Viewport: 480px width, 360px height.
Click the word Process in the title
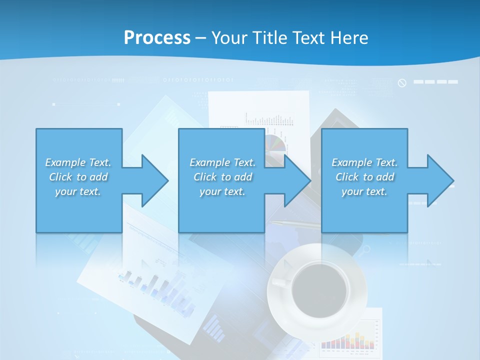click(157, 38)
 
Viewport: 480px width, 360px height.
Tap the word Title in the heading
click(269, 38)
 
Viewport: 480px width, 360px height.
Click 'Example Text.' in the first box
click(78, 162)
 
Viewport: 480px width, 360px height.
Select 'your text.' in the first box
click(78, 191)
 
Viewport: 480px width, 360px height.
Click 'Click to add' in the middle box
click(222, 177)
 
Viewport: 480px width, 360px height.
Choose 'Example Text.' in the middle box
click(222, 162)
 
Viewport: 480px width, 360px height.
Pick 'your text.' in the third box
click(364, 191)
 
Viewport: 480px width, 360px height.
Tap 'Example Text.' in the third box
click(364, 162)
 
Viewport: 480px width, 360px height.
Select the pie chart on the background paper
click(276, 143)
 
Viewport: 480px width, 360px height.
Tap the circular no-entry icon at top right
click(402, 82)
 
